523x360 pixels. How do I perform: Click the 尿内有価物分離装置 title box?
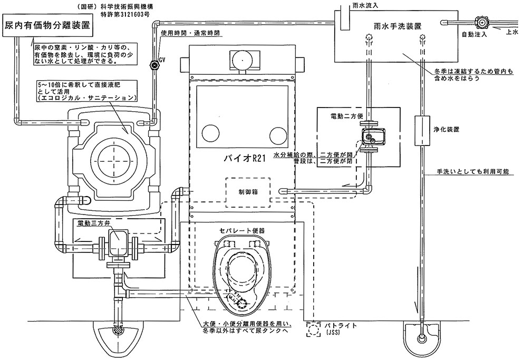click(x=46, y=25)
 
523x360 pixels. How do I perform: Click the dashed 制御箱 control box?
click(x=249, y=192)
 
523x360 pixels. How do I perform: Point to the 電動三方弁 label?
click(x=93, y=223)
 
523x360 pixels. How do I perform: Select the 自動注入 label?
click(x=472, y=35)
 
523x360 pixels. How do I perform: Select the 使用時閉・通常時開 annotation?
click(x=189, y=33)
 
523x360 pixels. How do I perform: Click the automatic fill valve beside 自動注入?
click(x=481, y=23)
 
